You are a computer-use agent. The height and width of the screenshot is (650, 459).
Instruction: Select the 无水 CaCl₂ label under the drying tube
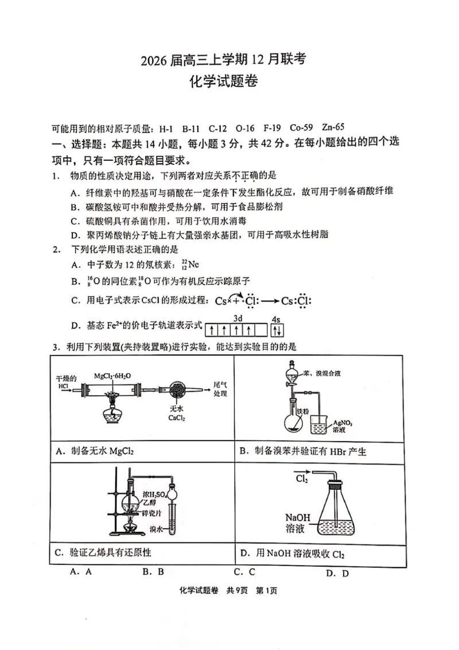tap(176, 413)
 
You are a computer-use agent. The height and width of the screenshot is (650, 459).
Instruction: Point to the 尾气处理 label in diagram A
tap(220, 389)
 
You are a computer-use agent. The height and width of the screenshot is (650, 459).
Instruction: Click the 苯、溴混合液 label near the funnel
tap(324, 373)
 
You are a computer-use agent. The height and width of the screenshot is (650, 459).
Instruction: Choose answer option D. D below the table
tap(337, 572)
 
